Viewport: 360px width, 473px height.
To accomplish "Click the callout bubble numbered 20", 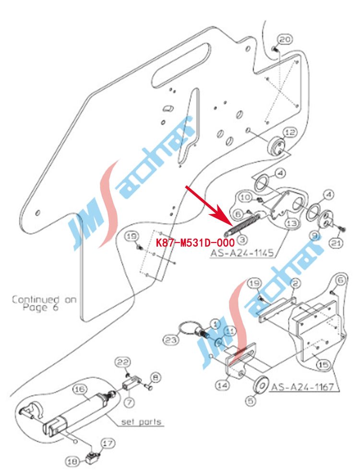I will (x=285, y=39).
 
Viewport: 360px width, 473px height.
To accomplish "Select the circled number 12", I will (x=289, y=132).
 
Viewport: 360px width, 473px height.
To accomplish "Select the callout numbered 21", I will (x=336, y=244).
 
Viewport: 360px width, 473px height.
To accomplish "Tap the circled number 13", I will (x=291, y=223).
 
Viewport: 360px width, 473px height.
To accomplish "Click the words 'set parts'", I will (x=141, y=423).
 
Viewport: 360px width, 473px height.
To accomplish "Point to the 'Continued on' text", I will (x=44, y=300).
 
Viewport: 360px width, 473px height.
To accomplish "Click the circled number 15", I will (x=324, y=365).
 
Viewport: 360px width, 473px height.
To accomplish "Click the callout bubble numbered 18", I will (x=72, y=461).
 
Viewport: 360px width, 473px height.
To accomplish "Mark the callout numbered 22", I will (x=124, y=361).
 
